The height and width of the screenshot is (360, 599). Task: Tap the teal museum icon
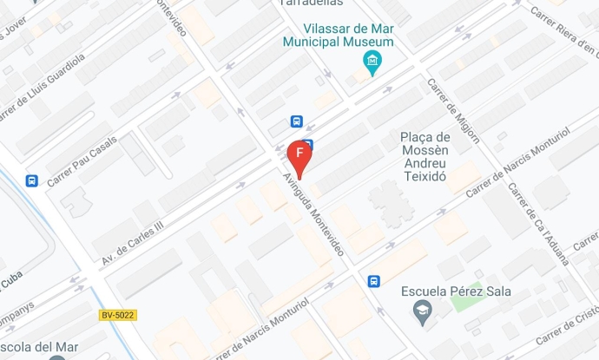[x=372, y=61]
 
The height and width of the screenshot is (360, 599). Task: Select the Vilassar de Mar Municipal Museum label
[x=338, y=34]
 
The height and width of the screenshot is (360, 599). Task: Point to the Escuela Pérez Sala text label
[x=455, y=291]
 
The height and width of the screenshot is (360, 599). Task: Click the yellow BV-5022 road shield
[x=118, y=315]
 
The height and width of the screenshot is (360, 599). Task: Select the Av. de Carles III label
[x=132, y=242]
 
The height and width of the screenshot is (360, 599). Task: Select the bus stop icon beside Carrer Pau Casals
[x=32, y=180]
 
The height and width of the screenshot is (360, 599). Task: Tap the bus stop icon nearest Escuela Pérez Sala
[x=374, y=281]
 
